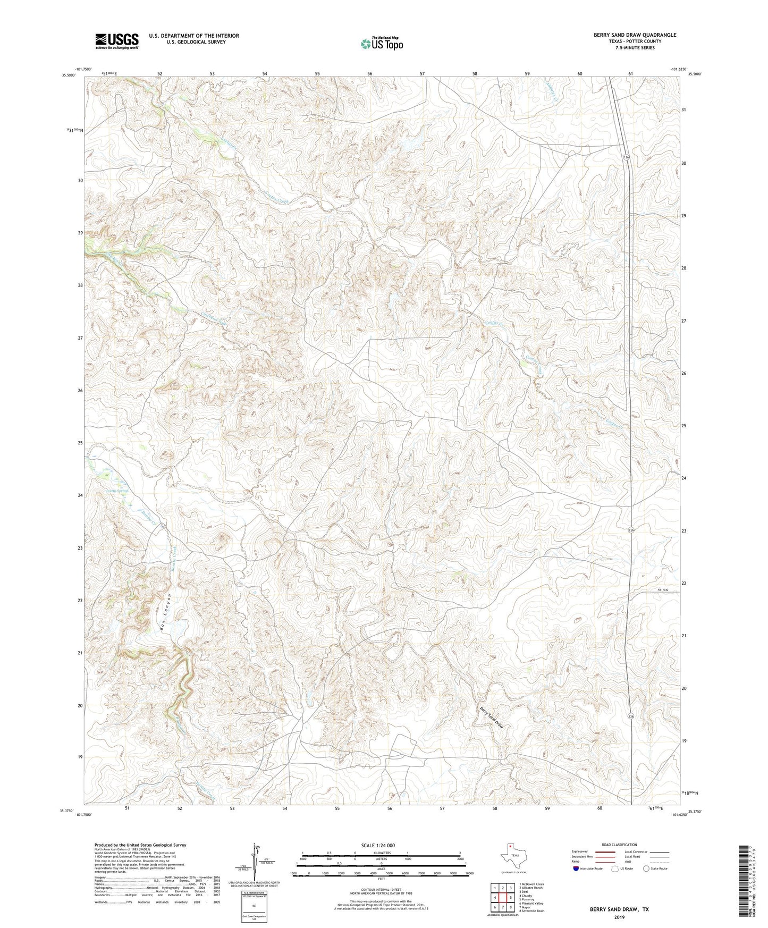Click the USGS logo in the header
click(x=117, y=41)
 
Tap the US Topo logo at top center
click(x=381, y=43)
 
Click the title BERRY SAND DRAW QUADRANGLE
click(x=635, y=35)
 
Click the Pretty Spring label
click(x=117, y=491)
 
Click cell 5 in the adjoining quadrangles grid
click(x=510, y=898)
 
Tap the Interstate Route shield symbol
click(x=577, y=868)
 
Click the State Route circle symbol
click(x=646, y=868)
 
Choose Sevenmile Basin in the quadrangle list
click(x=531, y=911)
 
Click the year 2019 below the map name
click(x=619, y=917)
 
